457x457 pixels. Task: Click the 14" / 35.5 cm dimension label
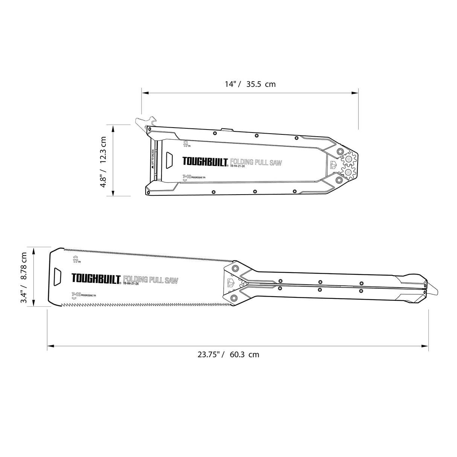click(250, 84)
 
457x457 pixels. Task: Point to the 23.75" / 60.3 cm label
click(228, 354)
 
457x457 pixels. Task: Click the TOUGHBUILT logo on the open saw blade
click(96, 279)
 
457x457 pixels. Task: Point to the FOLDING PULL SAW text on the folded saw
click(256, 163)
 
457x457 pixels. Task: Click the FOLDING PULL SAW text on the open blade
click(150, 280)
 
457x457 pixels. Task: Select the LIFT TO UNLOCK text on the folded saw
click(153, 160)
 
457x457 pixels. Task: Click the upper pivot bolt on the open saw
click(236, 268)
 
